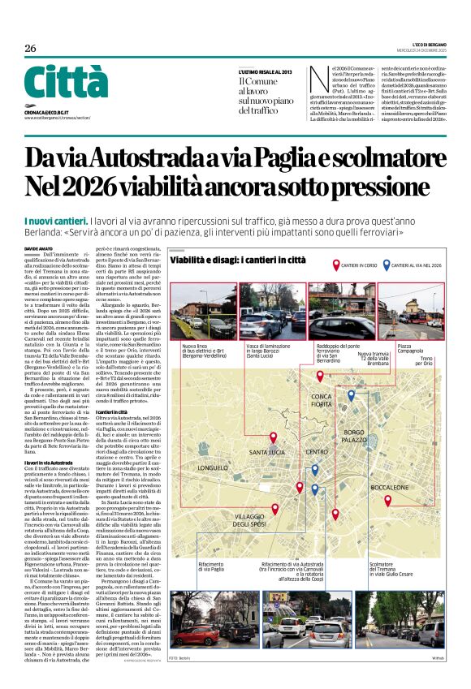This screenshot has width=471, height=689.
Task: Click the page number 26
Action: point(31,48)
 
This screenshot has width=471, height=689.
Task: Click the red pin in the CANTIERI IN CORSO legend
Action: point(336,265)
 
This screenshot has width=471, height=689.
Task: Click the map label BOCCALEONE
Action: point(388,486)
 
